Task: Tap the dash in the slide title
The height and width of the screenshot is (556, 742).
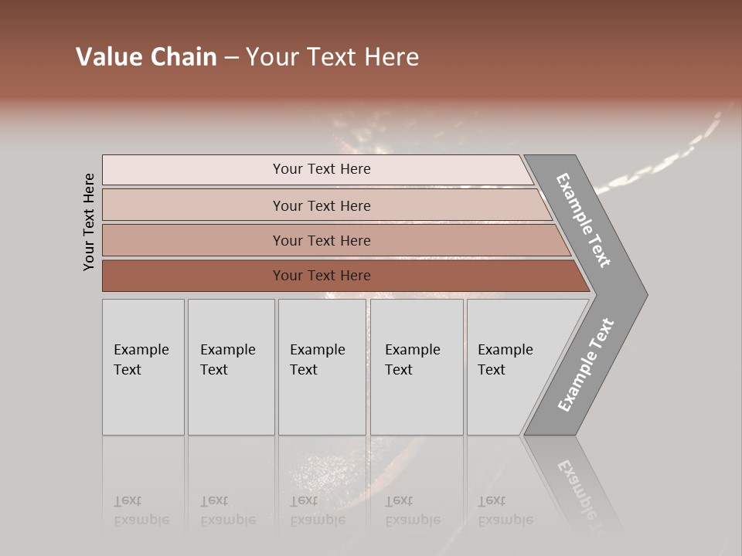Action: coord(231,58)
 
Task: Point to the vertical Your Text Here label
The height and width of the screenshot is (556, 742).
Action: coord(89,222)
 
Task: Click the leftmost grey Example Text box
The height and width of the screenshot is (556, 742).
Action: coord(143,367)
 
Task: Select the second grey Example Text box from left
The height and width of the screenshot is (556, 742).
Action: coord(231,367)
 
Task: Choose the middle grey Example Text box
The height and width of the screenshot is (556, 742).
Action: coord(322,367)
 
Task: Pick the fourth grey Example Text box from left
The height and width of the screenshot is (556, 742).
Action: coord(417,367)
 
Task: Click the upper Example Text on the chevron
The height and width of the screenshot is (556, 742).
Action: coord(584,220)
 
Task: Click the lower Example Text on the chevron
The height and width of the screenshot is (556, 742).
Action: coord(586,364)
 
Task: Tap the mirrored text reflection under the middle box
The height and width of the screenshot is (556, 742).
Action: coord(317,510)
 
